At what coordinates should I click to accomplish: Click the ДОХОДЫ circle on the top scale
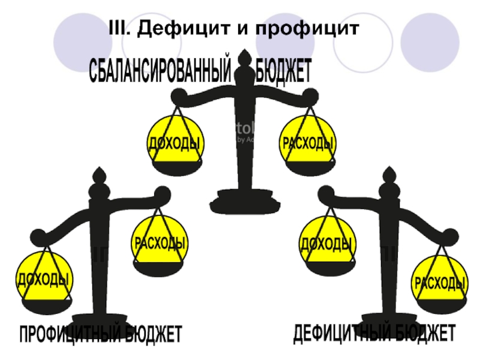coord(175,143)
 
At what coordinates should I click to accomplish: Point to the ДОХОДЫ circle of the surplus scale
coord(42,278)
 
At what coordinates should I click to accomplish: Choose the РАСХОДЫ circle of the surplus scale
coord(160,243)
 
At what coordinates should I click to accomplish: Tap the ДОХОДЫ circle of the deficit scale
coord(325,243)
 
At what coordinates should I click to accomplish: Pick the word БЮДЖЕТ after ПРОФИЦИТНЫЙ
coord(153,334)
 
